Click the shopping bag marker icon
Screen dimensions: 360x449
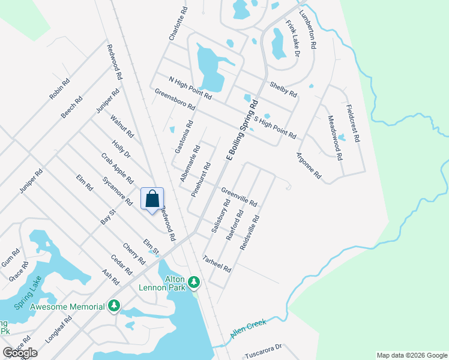(152, 199)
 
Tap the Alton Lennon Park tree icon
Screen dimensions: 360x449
(193, 281)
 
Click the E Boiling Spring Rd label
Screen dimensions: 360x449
(243, 130)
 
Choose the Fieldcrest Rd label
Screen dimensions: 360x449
(352, 122)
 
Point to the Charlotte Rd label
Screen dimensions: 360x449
(179, 23)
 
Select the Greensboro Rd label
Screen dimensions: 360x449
(175, 100)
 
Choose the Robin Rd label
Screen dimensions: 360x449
(59, 88)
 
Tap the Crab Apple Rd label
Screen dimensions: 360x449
(117, 169)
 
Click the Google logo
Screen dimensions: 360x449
(20, 353)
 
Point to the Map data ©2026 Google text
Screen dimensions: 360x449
(411, 355)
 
